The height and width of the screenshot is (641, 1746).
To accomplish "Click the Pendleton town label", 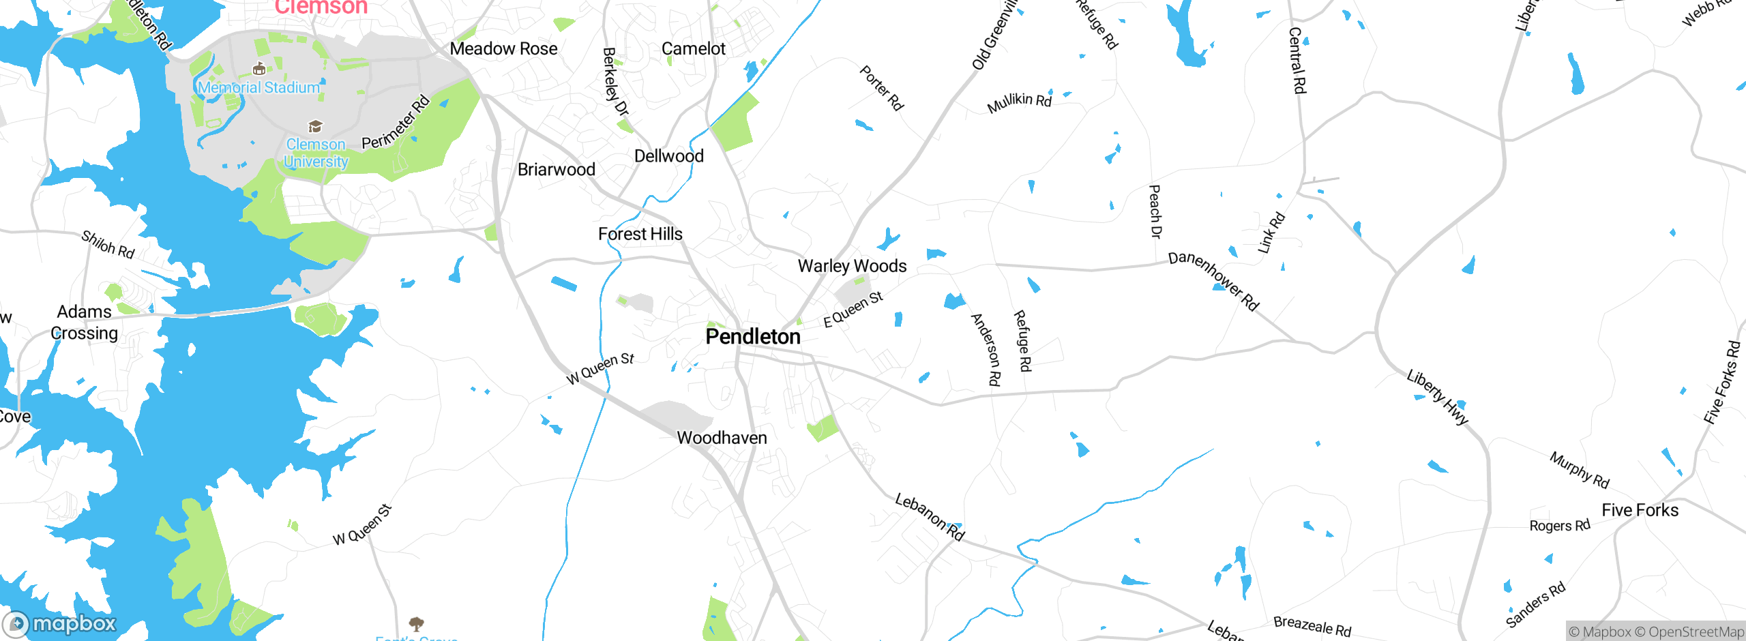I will click(753, 337).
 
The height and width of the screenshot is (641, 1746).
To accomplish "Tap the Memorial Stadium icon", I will click(258, 69).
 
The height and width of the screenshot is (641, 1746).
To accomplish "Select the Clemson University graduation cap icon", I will click(315, 126).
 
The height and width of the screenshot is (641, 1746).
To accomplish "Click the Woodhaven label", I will click(722, 438).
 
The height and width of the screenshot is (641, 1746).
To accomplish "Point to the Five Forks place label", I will click(1640, 510).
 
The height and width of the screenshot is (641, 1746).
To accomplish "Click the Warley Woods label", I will click(852, 266).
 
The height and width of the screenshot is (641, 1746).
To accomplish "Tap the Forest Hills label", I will click(640, 234).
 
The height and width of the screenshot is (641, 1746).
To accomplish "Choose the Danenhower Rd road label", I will click(1213, 281).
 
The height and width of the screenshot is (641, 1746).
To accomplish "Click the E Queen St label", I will click(853, 310).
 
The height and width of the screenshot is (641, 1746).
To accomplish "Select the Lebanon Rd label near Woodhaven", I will click(929, 517).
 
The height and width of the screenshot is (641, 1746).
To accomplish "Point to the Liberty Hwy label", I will click(1437, 397).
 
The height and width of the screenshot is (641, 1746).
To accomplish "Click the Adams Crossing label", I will click(84, 323).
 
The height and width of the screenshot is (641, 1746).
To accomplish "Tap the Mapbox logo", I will click(60, 623).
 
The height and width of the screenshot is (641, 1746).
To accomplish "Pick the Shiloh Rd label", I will click(108, 244).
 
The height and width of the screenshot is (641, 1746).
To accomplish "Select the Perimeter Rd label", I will click(396, 123).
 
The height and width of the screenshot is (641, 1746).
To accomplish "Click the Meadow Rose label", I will click(503, 49).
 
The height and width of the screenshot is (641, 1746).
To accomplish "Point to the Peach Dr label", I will click(1155, 211).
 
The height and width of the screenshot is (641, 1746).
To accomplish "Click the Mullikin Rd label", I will click(1019, 102).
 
